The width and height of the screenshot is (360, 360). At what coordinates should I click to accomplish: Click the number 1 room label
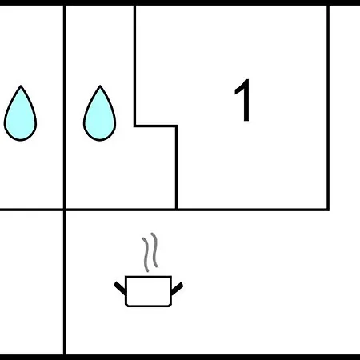point(243,100)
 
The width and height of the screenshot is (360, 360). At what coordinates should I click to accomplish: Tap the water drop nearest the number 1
point(100,114)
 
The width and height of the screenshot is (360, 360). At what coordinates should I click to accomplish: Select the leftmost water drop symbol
point(20,114)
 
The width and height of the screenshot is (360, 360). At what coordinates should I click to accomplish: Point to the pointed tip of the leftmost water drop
point(21,86)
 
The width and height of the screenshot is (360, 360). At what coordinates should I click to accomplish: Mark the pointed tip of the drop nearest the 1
point(100,86)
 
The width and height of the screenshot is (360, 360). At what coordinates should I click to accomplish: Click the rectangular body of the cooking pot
point(148,291)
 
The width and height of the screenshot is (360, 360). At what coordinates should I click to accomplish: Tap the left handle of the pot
point(120,288)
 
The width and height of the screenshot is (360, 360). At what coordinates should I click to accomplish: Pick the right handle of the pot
point(177,288)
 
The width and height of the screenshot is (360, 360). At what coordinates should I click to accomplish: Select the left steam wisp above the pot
point(146,254)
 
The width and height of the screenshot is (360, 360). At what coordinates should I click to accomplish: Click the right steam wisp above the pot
point(154,250)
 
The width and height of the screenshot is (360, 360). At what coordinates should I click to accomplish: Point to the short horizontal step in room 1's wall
point(156,126)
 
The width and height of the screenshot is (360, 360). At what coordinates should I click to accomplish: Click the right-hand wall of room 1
point(328,107)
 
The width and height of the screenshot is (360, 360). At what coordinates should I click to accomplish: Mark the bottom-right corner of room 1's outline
point(328,210)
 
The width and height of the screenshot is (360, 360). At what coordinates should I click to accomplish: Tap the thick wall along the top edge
point(180,2)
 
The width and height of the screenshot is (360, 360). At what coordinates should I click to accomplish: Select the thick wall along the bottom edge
point(180,358)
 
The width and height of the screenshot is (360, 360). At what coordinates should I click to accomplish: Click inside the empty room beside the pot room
point(31,282)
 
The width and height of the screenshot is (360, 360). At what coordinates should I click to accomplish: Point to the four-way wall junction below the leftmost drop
point(65,210)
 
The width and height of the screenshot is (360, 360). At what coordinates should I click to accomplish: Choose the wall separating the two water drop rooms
point(65,106)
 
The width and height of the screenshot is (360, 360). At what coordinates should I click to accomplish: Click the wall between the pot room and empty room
point(65,282)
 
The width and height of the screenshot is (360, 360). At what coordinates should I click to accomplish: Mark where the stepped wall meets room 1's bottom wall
point(176,210)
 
